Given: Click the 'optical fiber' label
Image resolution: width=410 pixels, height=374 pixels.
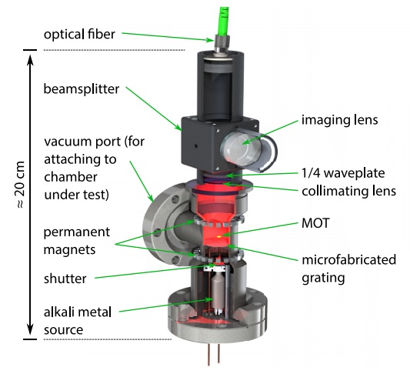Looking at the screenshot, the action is [79, 35].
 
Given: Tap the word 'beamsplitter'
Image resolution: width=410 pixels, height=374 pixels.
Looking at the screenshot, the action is [82, 89].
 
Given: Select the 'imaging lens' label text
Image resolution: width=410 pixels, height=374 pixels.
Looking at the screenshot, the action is [340, 120].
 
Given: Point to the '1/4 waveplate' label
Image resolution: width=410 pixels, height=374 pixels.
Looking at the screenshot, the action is [343, 173].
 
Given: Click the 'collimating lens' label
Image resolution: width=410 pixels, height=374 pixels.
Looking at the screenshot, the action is [348, 191].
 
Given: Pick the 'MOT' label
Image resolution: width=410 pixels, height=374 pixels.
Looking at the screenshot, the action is [315, 223].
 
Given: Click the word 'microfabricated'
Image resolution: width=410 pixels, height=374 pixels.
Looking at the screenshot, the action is [348, 260].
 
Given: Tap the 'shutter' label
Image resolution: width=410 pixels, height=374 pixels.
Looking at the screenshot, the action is [65, 279].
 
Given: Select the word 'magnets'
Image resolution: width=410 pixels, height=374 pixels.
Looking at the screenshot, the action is [69, 250].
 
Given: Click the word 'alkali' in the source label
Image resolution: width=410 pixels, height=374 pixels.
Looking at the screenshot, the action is [58, 312].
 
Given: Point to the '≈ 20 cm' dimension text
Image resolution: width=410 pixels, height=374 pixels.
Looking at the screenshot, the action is [20, 185].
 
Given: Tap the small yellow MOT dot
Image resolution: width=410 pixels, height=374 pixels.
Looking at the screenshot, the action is [219, 237].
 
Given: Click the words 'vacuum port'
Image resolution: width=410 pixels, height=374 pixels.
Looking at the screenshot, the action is [82, 142].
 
